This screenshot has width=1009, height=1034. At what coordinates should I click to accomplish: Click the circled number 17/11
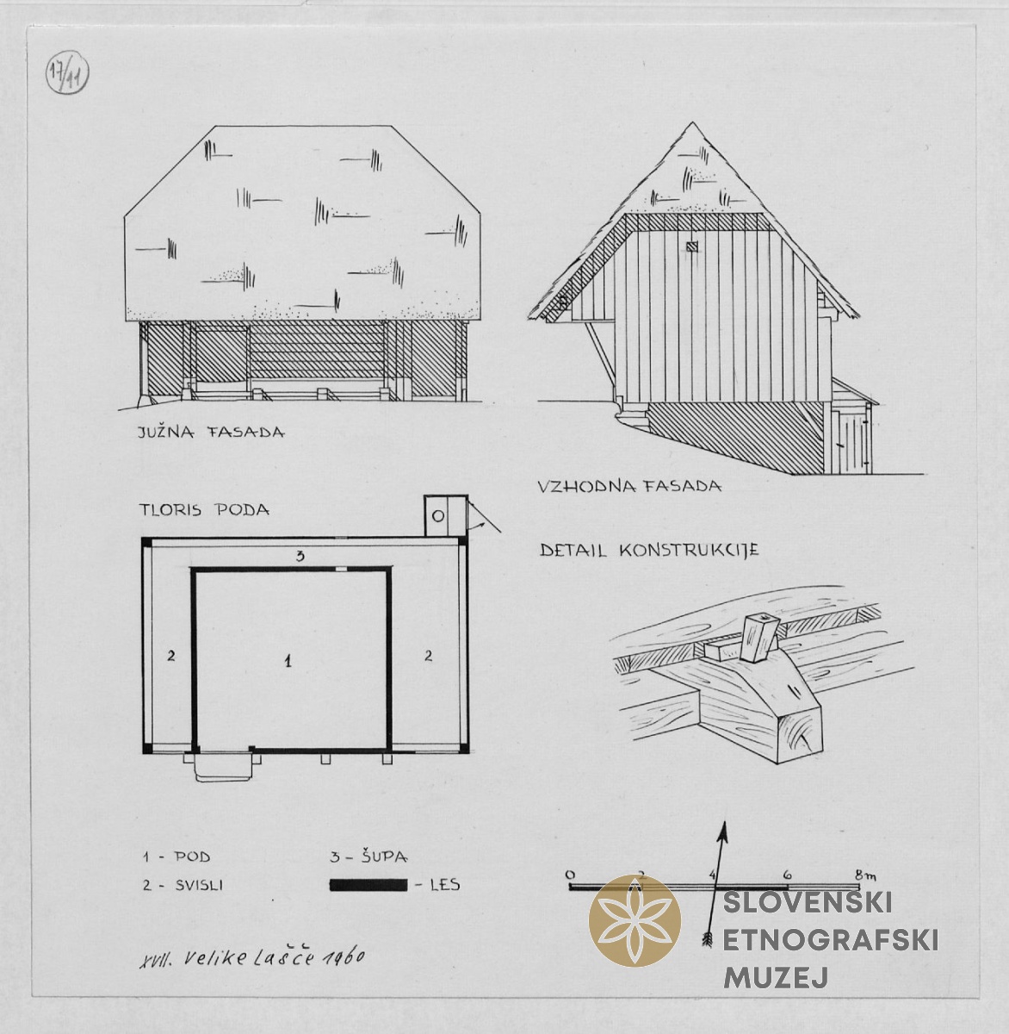67,74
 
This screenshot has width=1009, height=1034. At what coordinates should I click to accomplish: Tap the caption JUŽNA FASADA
211,432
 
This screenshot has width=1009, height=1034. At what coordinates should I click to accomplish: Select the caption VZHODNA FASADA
629,486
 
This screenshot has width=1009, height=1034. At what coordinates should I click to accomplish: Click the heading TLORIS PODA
204,510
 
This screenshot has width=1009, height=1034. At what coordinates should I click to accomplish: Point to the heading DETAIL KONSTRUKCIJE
649,550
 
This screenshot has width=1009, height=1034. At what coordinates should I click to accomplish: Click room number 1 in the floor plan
288,662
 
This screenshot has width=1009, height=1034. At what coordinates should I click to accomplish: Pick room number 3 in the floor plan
300,557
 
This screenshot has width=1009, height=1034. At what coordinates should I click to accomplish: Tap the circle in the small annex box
438,516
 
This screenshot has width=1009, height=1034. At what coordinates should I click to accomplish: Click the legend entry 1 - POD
176,857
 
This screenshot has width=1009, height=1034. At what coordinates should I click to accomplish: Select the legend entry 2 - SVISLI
183,885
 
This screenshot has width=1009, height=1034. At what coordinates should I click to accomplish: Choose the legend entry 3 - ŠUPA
368,856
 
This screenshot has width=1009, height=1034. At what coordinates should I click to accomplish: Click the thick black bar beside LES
368,885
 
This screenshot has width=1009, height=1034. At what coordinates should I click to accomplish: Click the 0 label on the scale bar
570,875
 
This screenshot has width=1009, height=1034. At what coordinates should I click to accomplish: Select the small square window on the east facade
691,246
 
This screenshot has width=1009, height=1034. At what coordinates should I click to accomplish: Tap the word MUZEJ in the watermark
776,978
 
